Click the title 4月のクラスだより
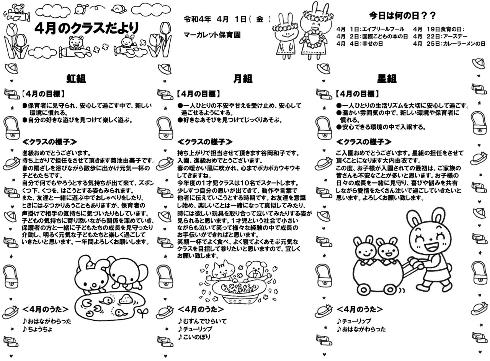coord(87,28)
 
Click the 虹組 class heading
coord(76,79)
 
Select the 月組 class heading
coord(243,79)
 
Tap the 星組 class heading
coord(387,79)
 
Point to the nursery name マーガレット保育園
coord(212,35)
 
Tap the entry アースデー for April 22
coord(453,36)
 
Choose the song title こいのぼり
coord(196,337)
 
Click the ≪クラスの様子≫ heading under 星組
coord(363,142)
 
